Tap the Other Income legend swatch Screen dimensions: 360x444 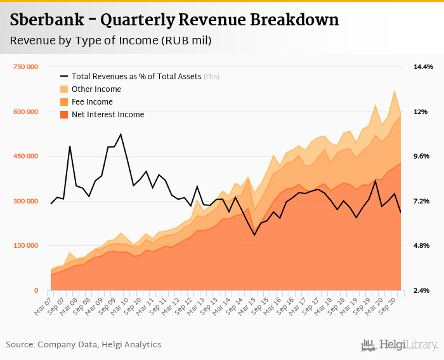[65, 89]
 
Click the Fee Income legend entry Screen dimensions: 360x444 [92, 102]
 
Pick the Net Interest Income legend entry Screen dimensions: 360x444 [108, 115]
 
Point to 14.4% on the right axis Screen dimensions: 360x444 [424, 67]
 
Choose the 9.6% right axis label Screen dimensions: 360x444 [424, 157]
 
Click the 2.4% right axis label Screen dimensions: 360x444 [424, 291]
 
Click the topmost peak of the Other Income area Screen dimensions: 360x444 [395, 90]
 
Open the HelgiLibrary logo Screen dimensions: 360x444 [399, 345]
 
